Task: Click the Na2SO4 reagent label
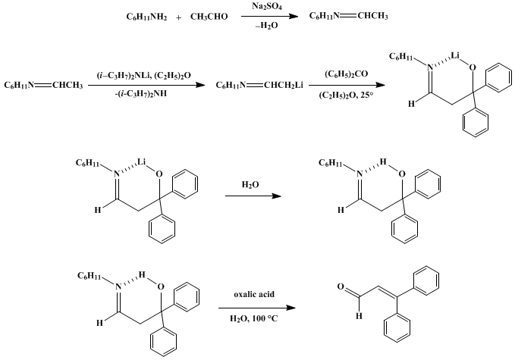pyautogui.click(x=267, y=6)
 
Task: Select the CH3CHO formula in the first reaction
pyautogui.click(x=209, y=17)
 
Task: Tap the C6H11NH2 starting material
pyautogui.click(x=146, y=17)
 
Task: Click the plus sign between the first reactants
pyautogui.click(x=178, y=17)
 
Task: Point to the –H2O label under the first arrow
pyautogui.click(x=267, y=26)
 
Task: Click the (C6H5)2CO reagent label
pyautogui.click(x=346, y=74)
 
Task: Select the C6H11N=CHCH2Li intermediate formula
pyautogui.click(x=259, y=86)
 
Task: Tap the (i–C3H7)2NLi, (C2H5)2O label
pyautogui.click(x=143, y=76)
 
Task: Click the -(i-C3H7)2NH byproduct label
pyautogui.click(x=143, y=94)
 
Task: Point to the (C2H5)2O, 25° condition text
pyautogui.click(x=346, y=96)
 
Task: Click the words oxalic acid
pyautogui.click(x=254, y=294)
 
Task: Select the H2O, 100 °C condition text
pyautogui.click(x=254, y=318)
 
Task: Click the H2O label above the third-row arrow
pyautogui.click(x=250, y=185)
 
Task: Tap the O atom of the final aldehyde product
pyautogui.click(x=341, y=286)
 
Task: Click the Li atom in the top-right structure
pyautogui.click(x=455, y=55)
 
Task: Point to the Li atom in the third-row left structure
pyautogui.click(x=142, y=161)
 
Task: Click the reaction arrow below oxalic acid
pyautogui.click(x=257, y=308)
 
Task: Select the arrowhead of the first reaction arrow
pyautogui.click(x=294, y=16)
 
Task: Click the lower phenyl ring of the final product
pyautogui.click(x=397, y=328)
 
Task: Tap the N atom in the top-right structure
pyautogui.click(x=429, y=67)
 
